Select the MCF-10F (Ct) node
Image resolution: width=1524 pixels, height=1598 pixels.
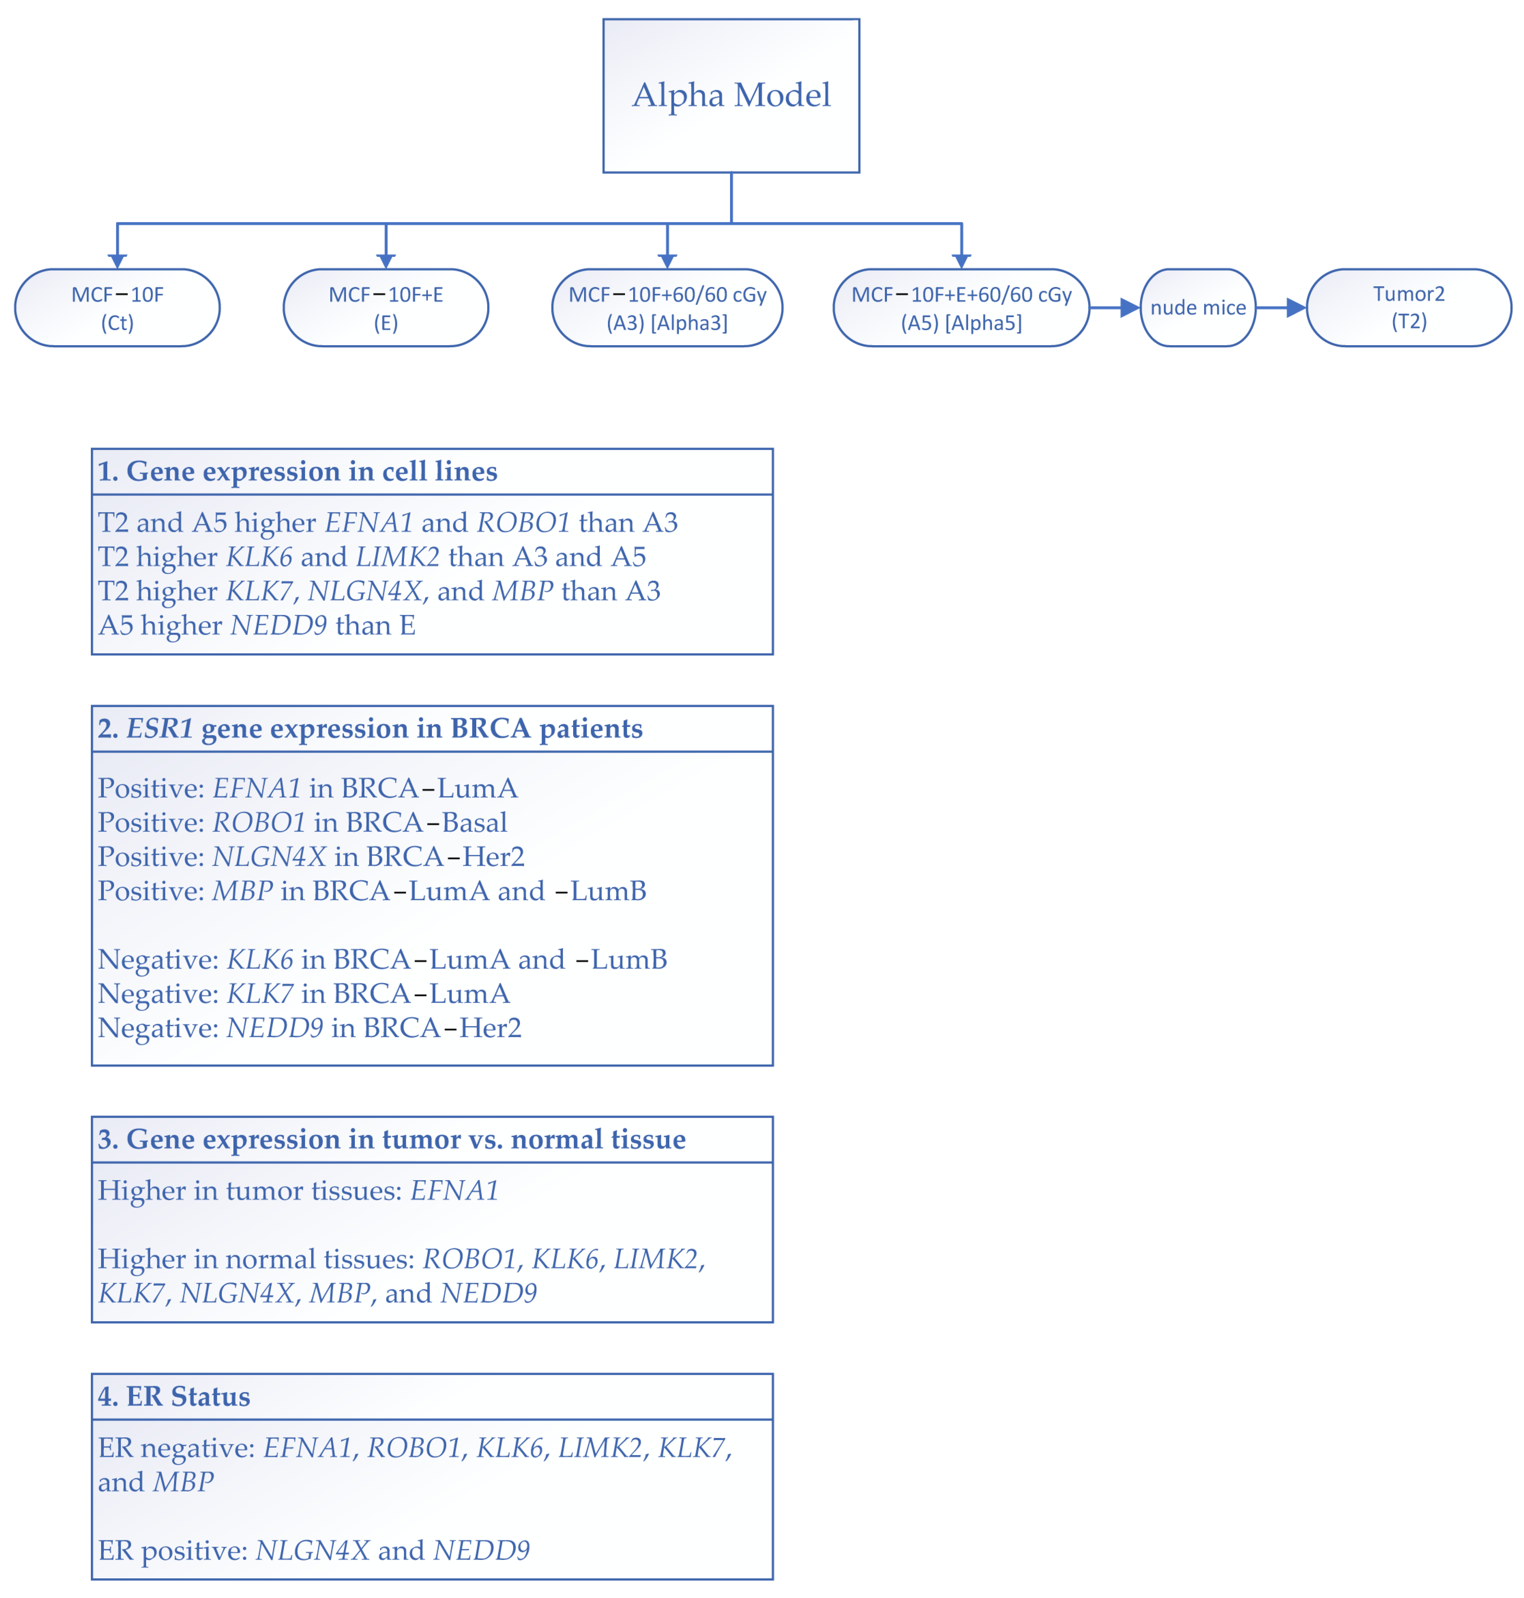coord(117,308)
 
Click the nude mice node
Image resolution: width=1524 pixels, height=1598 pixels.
coord(1198,308)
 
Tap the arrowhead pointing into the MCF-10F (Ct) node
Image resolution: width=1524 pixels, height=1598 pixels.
coord(117,260)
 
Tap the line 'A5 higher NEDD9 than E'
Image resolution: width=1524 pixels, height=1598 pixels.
coord(257,625)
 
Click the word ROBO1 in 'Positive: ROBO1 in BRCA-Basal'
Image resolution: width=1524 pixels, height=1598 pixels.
coord(258,823)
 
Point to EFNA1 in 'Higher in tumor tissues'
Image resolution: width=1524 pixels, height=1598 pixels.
coord(454,1190)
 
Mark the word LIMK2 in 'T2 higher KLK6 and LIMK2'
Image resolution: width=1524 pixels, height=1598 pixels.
coord(397,557)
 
